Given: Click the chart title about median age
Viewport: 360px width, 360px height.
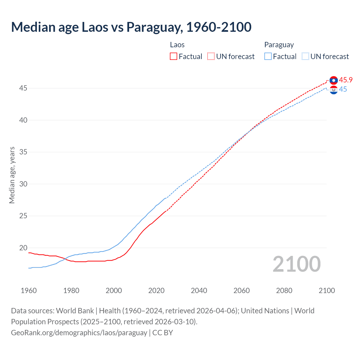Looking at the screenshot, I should pyautogui.click(x=131, y=27).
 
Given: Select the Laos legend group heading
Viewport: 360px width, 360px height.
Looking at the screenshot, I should pyautogui.click(x=177, y=45).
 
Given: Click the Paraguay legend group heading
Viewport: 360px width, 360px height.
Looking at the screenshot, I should pyautogui.click(x=279, y=45).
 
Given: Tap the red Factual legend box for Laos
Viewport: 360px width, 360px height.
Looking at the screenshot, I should pyautogui.click(x=174, y=57).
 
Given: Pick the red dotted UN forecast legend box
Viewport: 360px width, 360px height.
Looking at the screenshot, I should pyautogui.click(x=211, y=57).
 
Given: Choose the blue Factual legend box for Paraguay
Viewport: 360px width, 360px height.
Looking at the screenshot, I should pyautogui.click(x=268, y=57).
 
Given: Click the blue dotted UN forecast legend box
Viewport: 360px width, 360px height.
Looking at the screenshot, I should pyautogui.click(x=305, y=57).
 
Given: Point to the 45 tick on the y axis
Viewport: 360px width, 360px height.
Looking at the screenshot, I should pyautogui.click(x=23, y=88).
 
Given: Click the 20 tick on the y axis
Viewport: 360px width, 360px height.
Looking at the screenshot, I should pyautogui.click(x=23, y=248).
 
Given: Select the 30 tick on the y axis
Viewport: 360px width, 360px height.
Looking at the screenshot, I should pyautogui.click(x=23, y=184).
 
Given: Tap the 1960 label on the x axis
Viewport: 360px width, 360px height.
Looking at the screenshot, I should pyautogui.click(x=29, y=291).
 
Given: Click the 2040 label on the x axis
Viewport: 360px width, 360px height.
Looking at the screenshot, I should pyautogui.click(x=199, y=291).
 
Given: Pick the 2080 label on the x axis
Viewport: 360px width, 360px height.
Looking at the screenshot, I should pyautogui.click(x=284, y=291).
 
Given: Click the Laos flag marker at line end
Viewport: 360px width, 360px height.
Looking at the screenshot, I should pyautogui.click(x=334, y=80).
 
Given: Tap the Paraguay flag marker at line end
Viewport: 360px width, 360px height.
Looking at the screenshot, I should pyautogui.click(x=334, y=90).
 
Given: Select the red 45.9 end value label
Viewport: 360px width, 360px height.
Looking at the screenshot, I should pyautogui.click(x=346, y=80).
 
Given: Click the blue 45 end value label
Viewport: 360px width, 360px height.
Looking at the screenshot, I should pyautogui.click(x=343, y=89).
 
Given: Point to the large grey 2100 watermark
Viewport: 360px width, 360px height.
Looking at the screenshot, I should pyautogui.click(x=296, y=264).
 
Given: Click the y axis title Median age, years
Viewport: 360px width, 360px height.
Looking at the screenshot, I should pyautogui.click(x=12, y=175).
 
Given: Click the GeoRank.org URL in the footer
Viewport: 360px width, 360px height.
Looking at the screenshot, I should pyautogui.click(x=79, y=333).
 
